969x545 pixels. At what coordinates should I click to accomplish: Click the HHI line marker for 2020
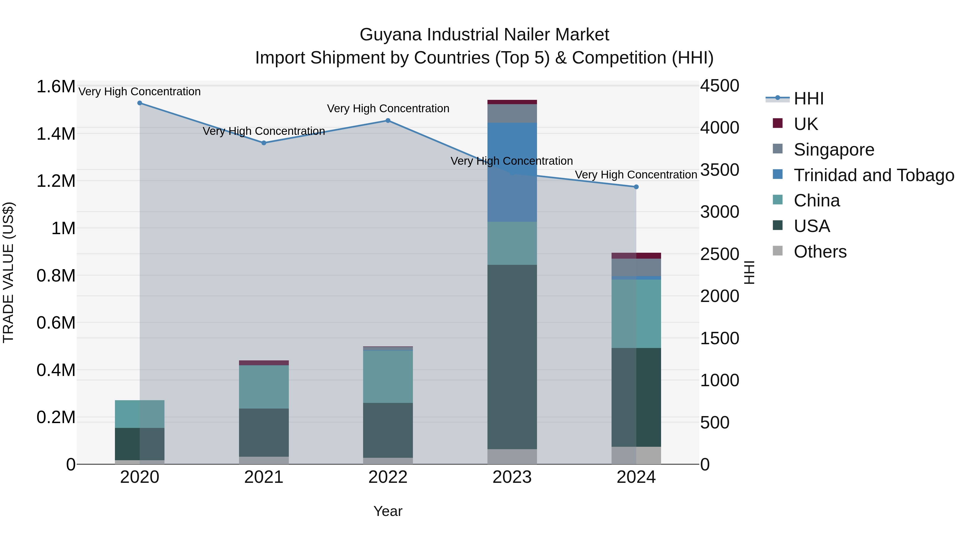pos(139,103)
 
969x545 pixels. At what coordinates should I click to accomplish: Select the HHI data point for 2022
pos(388,121)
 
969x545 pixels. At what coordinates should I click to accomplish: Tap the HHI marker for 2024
pos(636,187)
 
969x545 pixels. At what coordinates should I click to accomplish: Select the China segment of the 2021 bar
pos(264,387)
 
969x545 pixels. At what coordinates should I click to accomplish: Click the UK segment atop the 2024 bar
pos(636,256)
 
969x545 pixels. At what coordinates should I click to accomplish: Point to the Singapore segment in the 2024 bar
pos(636,268)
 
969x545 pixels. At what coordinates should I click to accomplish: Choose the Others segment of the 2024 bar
pos(636,455)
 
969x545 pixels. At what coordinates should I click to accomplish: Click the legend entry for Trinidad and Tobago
pos(873,175)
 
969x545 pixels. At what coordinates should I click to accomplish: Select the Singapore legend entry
pos(834,150)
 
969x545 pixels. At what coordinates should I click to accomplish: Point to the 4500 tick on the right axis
pos(719,86)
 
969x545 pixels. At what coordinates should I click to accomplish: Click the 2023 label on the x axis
pos(512,477)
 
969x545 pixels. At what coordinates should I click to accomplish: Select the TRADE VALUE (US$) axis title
pos(8,272)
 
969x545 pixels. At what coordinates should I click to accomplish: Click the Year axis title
pos(388,511)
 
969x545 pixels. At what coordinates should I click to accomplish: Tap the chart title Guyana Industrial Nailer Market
pos(484,35)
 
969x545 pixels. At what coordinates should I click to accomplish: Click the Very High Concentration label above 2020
pos(139,92)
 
